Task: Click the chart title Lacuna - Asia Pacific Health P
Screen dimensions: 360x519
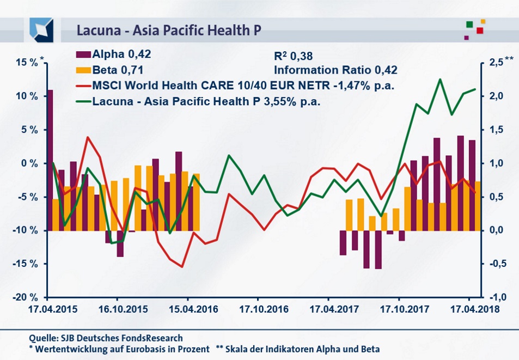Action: click(x=169, y=29)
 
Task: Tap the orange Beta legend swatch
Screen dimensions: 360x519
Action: click(x=82, y=69)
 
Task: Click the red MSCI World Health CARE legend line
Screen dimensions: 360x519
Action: click(x=82, y=86)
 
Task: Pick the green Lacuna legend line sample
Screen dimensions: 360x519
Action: click(x=82, y=101)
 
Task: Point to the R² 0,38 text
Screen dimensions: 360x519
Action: click(x=295, y=55)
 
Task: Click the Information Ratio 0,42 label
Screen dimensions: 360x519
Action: click(x=335, y=70)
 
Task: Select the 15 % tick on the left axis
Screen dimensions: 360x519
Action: click(x=27, y=63)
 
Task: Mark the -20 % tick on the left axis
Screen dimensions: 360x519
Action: click(x=26, y=297)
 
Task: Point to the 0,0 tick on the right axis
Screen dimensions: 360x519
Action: click(x=496, y=230)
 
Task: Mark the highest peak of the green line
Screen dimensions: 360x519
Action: click(x=439, y=80)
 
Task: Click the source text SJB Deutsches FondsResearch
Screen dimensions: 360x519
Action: click(x=106, y=338)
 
